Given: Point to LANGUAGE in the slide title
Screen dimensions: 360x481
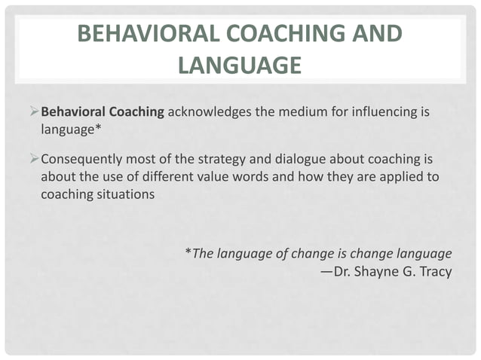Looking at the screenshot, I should click(240, 66).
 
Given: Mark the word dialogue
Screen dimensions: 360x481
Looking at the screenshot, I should click(290, 160).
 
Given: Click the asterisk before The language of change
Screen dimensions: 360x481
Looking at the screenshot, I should click(188, 252).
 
